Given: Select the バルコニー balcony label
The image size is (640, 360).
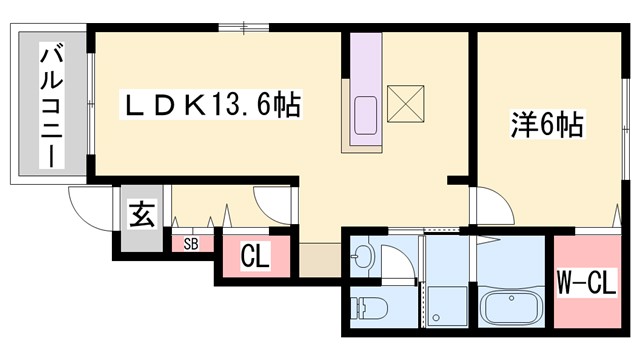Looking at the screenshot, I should coord(47,105).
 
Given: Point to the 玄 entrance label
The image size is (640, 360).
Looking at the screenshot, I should coord(142,215).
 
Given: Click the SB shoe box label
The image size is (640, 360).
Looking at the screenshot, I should coord(191,243).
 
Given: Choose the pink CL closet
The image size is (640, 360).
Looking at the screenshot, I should coord(255,256).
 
